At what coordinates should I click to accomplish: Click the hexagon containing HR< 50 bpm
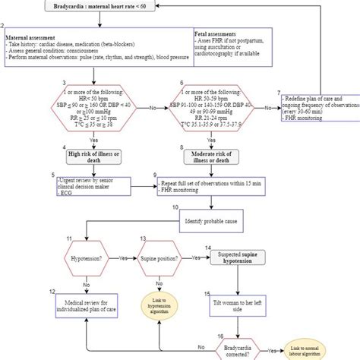coord(92,110)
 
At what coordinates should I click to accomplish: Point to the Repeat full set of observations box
coord(210,188)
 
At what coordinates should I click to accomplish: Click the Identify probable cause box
coord(210,222)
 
